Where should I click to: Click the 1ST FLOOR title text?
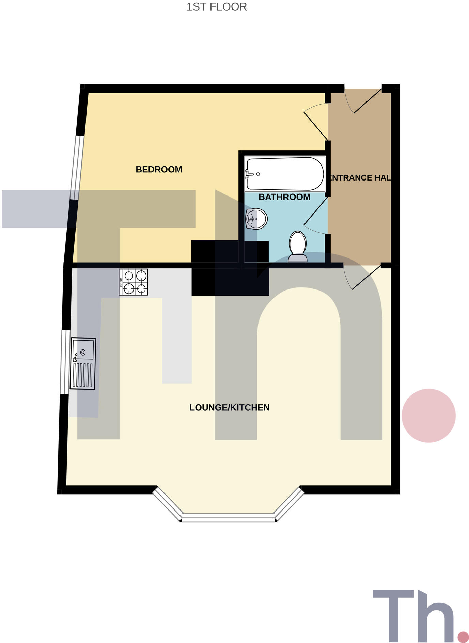tap(217, 7)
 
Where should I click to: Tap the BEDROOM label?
tap(159, 169)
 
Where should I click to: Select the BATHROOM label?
tap(284, 197)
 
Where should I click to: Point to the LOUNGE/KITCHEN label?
tap(229, 407)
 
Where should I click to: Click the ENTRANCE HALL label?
tap(360, 177)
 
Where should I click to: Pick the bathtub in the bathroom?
tap(284, 174)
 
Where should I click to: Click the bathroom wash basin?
tap(256, 219)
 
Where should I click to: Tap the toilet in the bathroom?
tap(298, 246)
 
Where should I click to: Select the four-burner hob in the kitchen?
tap(133, 282)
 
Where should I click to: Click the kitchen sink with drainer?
tap(83, 363)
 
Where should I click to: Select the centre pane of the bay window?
tap(228, 519)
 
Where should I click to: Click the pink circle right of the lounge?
tap(428, 415)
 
